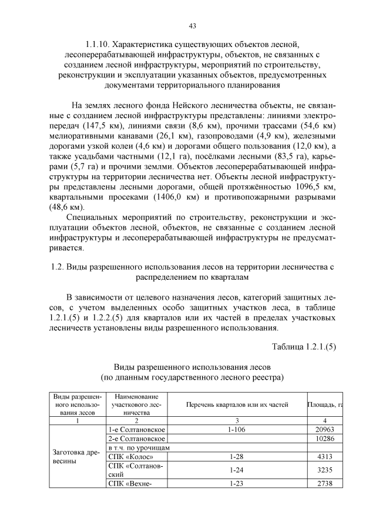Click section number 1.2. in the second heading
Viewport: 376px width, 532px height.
pyautogui.click(x=58, y=266)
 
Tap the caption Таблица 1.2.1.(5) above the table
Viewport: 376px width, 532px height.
pyautogui.click(x=304, y=347)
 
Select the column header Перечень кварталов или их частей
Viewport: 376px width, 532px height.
pyautogui.click(x=237, y=404)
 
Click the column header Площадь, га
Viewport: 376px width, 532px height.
pyautogui.click(x=325, y=404)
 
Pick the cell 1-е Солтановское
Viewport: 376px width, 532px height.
pyautogui.click(x=136, y=430)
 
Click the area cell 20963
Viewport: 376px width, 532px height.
pyautogui.click(x=325, y=430)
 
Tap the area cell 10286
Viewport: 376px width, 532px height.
pyautogui.click(x=325, y=439)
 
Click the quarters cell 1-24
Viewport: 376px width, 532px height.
pyautogui.click(x=237, y=470)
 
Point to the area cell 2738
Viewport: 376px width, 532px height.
pyautogui.click(x=325, y=483)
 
